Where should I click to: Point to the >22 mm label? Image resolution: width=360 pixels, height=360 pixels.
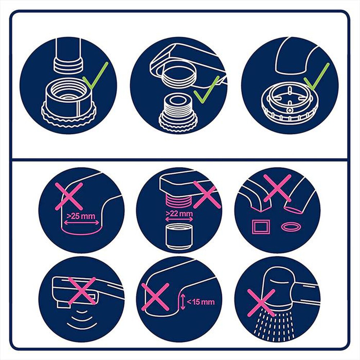tap(179, 214)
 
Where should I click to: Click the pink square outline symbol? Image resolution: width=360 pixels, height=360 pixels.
tap(259, 228)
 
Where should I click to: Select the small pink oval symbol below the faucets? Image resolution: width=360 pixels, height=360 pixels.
tap(291, 227)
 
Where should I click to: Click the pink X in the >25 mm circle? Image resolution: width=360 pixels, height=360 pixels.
tap(69, 196)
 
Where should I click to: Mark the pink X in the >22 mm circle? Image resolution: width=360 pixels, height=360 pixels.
tap(207, 195)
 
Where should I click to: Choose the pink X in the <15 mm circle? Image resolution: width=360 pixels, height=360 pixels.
tap(155, 296)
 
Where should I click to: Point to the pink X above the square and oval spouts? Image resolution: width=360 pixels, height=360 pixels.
tap(277, 188)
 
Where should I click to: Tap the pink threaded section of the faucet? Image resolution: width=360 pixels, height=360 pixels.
tap(179, 201)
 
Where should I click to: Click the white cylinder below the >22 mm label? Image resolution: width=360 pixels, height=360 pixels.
tap(179, 236)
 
